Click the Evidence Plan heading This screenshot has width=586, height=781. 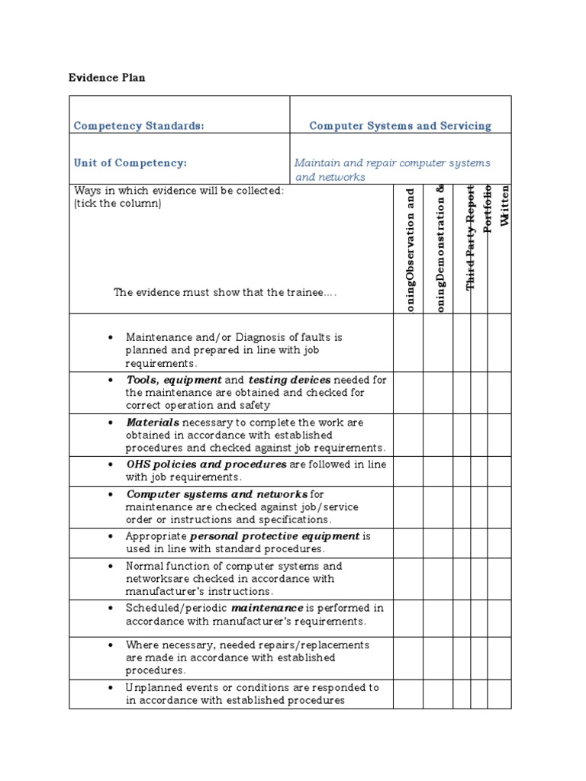[x=107, y=77]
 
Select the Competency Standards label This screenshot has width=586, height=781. [x=138, y=126]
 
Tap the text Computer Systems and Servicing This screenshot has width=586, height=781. [x=400, y=126]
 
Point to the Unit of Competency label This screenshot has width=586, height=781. [x=130, y=163]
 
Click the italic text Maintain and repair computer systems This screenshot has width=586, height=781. [x=392, y=163]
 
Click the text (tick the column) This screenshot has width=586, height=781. [x=118, y=204]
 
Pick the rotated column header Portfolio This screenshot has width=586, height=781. [x=488, y=209]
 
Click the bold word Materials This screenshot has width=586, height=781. [x=153, y=423]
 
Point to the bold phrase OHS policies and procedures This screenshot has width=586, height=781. [x=206, y=464]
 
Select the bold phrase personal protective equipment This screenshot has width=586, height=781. [x=275, y=536]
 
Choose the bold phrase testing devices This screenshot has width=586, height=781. [x=289, y=380]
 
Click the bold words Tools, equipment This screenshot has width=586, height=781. [x=174, y=380]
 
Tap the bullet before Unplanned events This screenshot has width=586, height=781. [x=111, y=688]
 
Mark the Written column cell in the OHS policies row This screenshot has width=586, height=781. [x=499, y=471]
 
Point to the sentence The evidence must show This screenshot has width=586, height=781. [x=225, y=292]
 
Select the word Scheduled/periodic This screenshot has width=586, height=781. [x=176, y=609]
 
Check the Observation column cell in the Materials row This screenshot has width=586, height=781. [x=407, y=435]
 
